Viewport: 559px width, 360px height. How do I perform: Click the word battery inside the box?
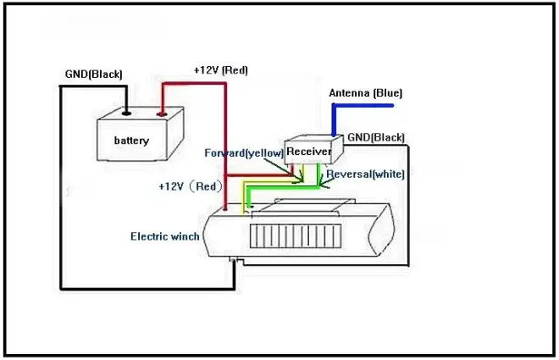[x=131, y=141]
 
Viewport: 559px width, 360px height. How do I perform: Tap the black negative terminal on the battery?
[x=125, y=111]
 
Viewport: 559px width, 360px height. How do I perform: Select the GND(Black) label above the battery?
[x=93, y=74]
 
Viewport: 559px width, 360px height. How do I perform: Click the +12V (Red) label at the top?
[x=220, y=70]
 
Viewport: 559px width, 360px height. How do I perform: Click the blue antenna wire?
[x=364, y=106]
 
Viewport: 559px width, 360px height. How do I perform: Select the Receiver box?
[x=309, y=151]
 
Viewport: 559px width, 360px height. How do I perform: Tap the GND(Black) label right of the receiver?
[x=376, y=137]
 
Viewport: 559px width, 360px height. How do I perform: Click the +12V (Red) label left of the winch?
[x=188, y=186]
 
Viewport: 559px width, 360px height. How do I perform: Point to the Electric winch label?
[x=164, y=236]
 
